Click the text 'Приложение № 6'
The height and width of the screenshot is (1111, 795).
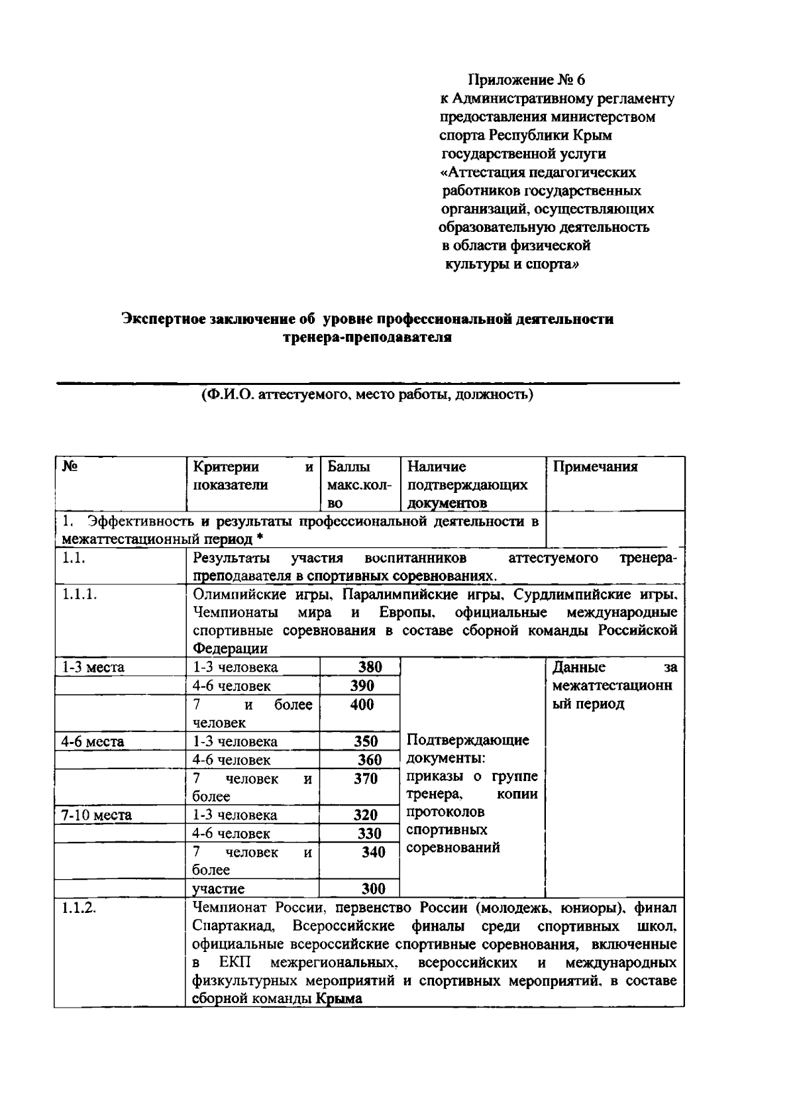527,81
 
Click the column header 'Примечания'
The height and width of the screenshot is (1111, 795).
595,467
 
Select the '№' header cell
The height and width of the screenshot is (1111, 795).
70,466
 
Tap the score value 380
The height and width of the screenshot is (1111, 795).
370,667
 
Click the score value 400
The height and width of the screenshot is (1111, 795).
362,705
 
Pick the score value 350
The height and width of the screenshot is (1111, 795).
366,741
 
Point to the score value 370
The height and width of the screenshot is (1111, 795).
365,779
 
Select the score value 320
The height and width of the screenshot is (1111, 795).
366,816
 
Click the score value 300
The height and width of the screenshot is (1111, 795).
373,888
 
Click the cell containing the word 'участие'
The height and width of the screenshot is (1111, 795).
218,888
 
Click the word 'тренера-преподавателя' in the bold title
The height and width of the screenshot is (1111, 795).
367,338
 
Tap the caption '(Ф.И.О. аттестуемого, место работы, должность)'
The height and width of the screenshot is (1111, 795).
368,396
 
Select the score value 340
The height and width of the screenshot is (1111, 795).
373,853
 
